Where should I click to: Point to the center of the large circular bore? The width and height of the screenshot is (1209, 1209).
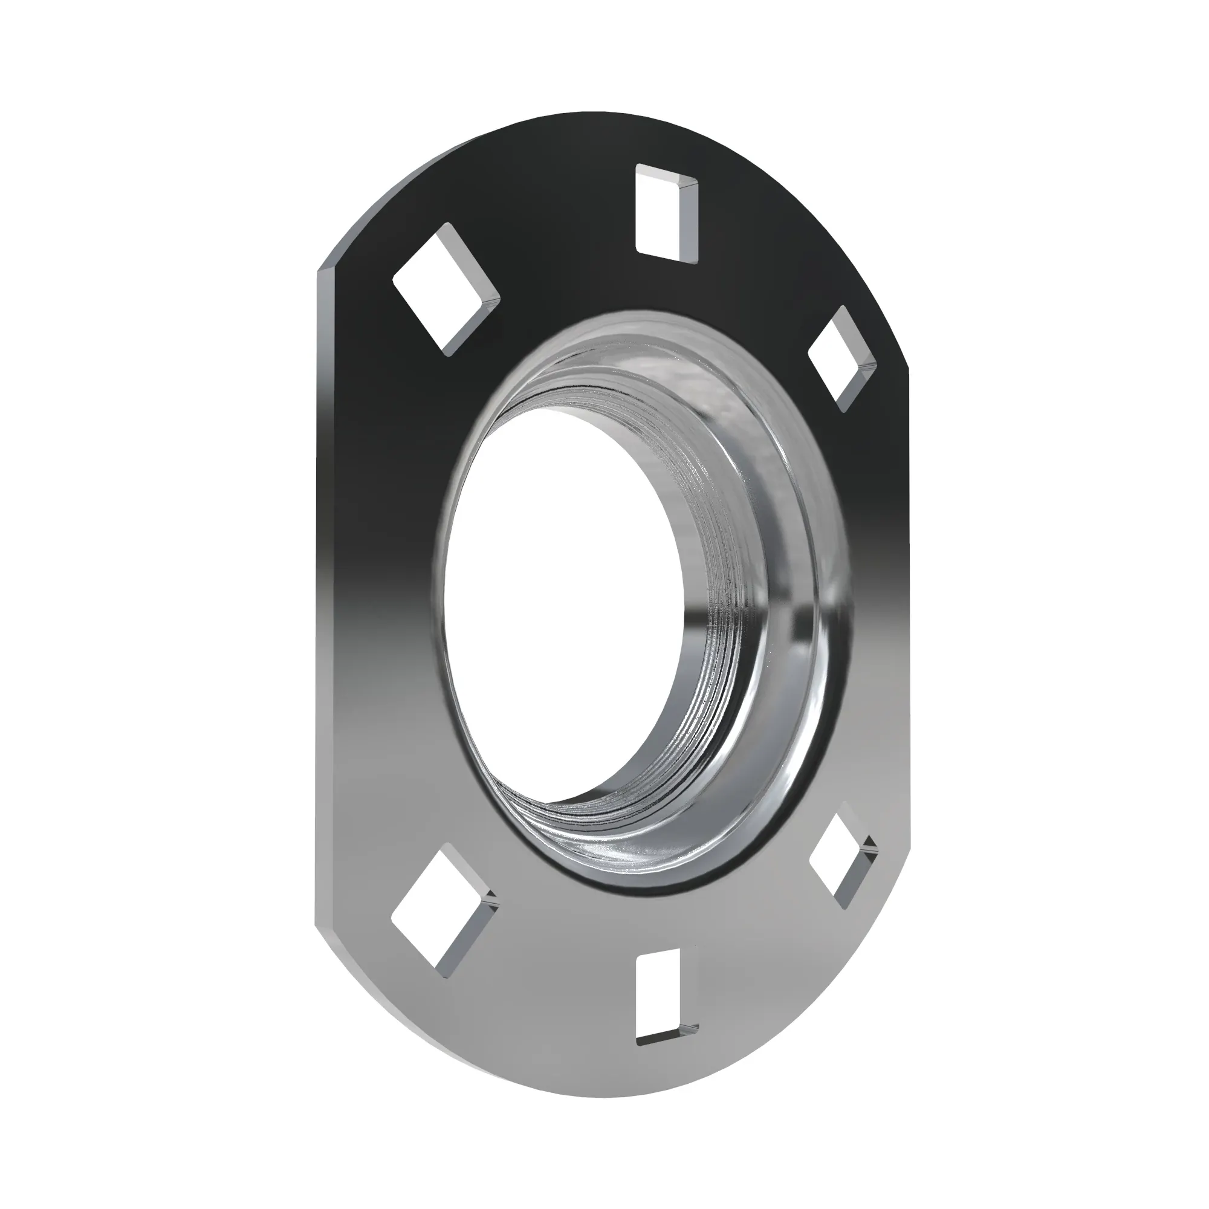point(563,601)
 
